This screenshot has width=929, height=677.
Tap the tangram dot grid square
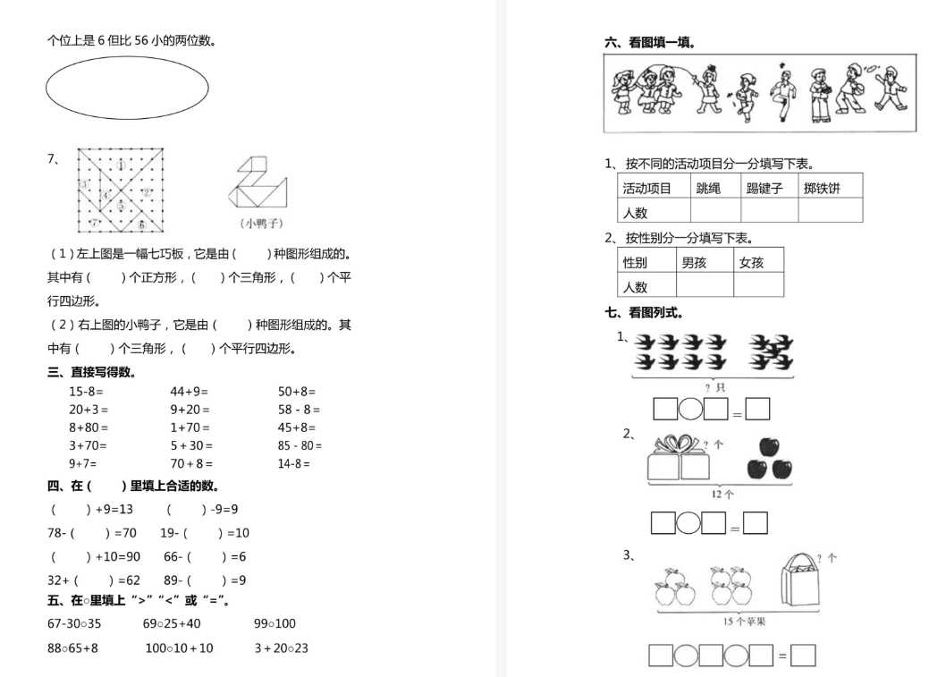(122, 190)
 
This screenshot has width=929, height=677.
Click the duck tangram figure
(261, 185)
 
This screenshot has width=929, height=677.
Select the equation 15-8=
(86, 392)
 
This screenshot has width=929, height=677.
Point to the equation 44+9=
(189, 392)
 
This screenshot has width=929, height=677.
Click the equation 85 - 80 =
(300, 445)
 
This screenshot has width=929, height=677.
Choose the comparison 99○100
(274, 623)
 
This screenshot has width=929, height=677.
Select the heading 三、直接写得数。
(92, 372)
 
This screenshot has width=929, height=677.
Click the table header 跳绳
(706, 188)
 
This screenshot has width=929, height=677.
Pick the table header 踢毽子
(764, 188)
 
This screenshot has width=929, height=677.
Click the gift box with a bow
(677, 458)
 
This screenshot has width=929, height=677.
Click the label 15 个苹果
(739, 621)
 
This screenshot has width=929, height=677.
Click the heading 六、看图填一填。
(650, 42)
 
